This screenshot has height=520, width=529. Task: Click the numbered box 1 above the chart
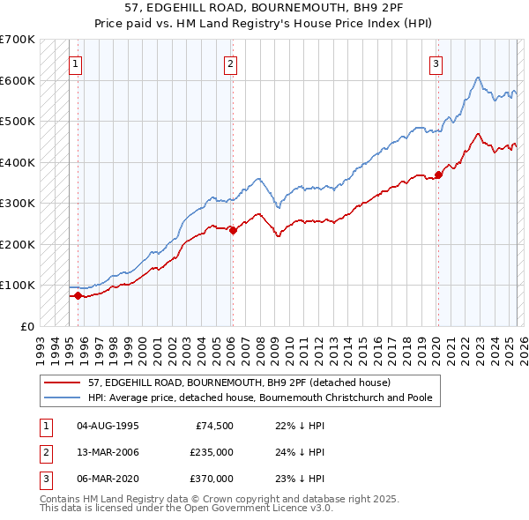click(76, 63)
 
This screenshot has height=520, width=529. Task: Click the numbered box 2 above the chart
click(230, 63)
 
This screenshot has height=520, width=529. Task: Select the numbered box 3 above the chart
click(436, 63)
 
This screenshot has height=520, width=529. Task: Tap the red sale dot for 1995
click(78, 296)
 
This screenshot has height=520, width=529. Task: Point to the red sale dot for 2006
click(233, 230)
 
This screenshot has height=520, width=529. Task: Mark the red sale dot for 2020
click(438, 175)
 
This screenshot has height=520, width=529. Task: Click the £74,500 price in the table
click(212, 426)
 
